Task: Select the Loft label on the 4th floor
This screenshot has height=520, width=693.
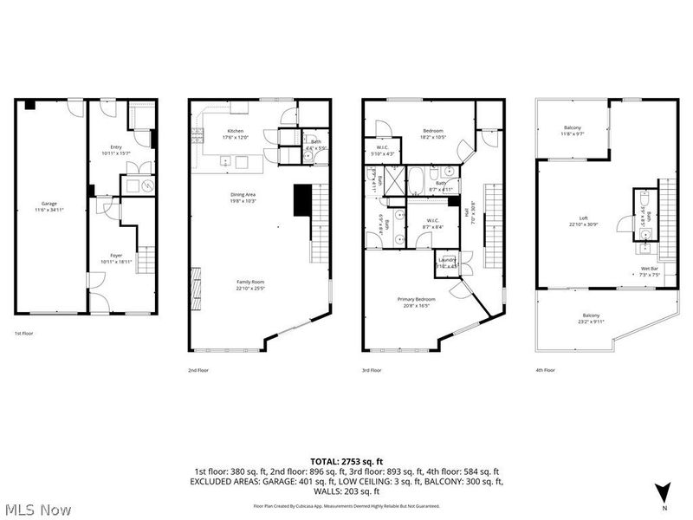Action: point(583,222)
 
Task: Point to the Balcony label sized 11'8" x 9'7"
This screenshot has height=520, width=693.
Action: point(572,131)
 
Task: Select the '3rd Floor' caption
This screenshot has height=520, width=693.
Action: point(372,370)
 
